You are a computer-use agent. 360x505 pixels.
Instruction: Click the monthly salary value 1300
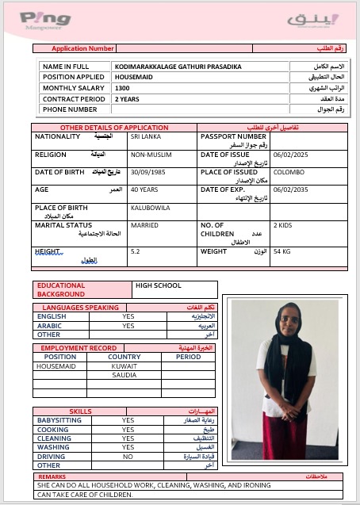[x=122, y=87]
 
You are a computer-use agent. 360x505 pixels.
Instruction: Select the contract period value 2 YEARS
[x=127, y=99]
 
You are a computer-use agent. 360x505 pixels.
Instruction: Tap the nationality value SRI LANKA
[x=146, y=137]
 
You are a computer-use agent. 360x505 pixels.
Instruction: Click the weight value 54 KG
[x=282, y=252]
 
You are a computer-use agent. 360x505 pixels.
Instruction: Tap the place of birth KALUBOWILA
[x=150, y=208]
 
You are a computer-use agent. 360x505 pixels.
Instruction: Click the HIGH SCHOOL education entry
[x=159, y=285]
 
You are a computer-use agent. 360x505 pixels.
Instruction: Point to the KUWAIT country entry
[x=124, y=366]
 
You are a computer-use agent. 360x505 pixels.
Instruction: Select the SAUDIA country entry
[x=124, y=375]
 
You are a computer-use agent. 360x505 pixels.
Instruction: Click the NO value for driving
[x=128, y=457]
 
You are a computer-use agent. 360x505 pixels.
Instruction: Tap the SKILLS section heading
[x=80, y=411]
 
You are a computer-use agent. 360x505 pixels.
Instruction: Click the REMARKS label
[x=53, y=476]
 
